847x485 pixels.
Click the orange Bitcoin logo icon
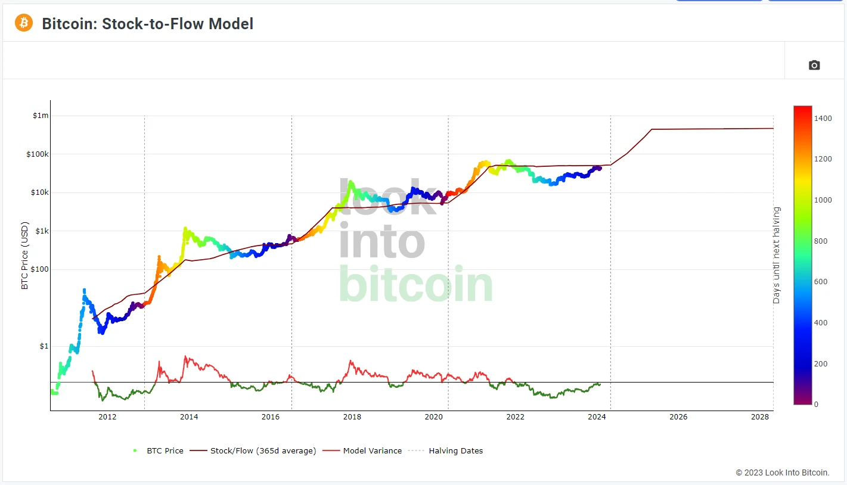click(x=24, y=23)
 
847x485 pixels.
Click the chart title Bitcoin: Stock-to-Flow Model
click(x=147, y=24)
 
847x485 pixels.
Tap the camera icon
click(x=814, y=65)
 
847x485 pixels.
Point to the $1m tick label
click(x=41, y=116)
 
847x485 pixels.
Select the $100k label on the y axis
click(x=39, y=154)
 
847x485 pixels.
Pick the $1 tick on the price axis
click(x=44, y=346)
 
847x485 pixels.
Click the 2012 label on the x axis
click(x=107, y=417)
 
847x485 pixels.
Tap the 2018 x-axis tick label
click(x=352, y=417)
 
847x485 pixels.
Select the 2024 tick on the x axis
click(x=597, y=417)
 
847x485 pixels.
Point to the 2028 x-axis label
click(x=760, y=417)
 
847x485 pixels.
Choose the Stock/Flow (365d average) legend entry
click(x=263, y=451)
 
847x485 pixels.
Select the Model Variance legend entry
click(x=372, y=451)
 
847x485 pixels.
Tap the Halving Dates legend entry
click(x=455, y=451)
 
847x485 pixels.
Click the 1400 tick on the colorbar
click(x=823, y=119)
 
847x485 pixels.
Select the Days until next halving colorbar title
click(x=777, y=255)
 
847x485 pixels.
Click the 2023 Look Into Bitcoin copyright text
click(x=782, y=472)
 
